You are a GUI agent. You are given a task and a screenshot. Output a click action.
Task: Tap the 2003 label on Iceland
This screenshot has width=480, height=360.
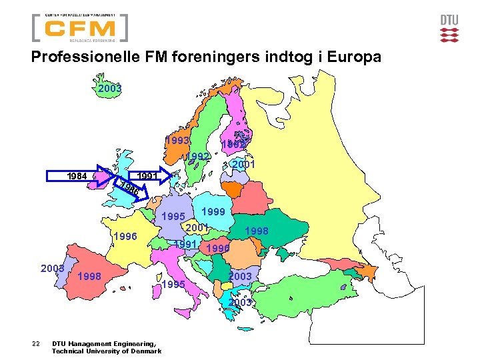point(109,88)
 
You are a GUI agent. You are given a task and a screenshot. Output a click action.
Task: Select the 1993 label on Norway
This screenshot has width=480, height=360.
point(179,141)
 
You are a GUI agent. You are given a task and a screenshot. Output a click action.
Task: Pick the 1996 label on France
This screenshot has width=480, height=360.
point(125,236)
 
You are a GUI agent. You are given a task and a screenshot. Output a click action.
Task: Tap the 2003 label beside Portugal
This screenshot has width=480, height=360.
point(52,268)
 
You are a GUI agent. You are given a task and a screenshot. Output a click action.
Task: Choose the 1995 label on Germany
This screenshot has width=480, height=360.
point(173,217)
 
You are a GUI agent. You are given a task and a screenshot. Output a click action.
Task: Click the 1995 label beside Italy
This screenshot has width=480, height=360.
point(173,285)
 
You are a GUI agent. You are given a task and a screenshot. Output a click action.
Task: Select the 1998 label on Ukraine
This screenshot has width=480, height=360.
point(257,231)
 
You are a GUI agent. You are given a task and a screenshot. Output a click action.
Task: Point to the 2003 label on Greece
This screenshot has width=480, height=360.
point(240,302)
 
